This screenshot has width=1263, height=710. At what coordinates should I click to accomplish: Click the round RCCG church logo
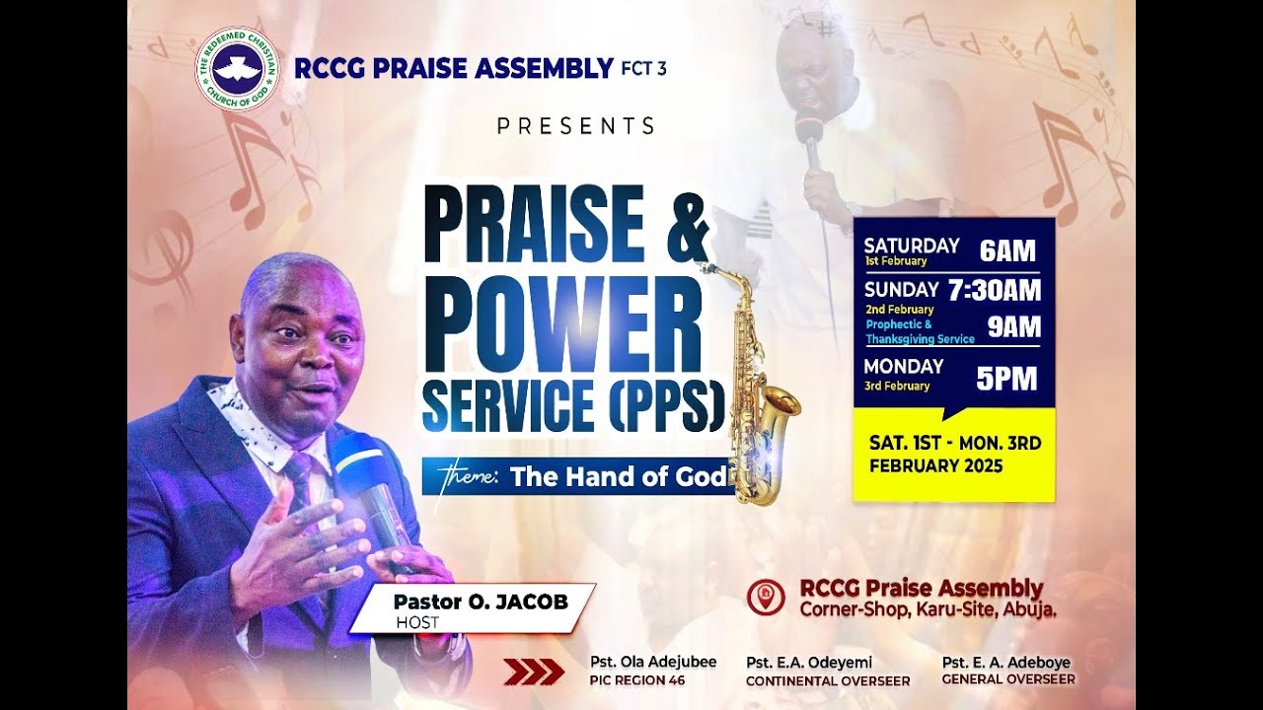237,69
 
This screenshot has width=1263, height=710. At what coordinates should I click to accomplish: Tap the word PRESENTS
576,126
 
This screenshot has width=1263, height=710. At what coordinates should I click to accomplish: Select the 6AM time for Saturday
1007,251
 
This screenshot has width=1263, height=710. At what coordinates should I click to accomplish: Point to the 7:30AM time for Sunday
994,290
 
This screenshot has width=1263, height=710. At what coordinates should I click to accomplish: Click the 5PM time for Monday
1006,379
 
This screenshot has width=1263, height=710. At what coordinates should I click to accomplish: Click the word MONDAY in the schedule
904,366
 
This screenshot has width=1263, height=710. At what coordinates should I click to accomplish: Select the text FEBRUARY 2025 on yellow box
935,466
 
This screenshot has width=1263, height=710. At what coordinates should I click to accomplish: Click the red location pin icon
765,598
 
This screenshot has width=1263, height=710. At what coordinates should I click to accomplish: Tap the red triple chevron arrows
534,673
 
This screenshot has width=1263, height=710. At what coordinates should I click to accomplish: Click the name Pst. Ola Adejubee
653,662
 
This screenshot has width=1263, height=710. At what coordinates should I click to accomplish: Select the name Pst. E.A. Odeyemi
809,662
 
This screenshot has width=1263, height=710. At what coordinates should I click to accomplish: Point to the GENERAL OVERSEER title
1007,679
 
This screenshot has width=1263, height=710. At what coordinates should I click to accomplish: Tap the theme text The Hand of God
619,477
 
